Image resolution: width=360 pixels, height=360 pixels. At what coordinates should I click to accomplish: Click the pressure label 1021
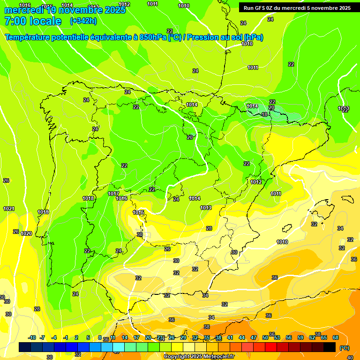click(8, 209)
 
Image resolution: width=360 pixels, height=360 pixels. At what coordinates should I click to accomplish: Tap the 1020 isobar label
click(26, 233)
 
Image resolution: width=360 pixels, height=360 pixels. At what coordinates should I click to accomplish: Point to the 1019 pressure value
click(43, 212)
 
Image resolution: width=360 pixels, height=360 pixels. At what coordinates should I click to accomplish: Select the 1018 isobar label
click(88, 198)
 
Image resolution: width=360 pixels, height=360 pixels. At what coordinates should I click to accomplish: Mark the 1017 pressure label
click(113, 194)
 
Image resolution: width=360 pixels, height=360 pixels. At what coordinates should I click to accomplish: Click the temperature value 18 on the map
click(264, 114)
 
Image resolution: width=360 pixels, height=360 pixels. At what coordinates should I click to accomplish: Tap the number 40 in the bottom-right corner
click(350, 358)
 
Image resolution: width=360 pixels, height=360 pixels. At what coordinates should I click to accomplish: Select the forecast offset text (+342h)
click(83, 21)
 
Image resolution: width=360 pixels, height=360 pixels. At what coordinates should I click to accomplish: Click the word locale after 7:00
click(45, 21)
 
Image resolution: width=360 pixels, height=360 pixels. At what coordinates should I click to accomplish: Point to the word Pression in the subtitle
click(204, 37)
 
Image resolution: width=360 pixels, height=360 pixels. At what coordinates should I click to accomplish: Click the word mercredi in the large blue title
click(23, 10)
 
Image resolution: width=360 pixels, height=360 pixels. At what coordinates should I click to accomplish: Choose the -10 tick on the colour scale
click(32, 337)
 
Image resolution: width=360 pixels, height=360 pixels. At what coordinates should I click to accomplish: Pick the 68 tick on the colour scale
click(336, 337)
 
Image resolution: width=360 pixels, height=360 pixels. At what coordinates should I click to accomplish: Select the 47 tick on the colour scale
click(254, 337)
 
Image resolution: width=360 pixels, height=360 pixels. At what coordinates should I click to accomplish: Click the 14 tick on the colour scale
click(125, 337)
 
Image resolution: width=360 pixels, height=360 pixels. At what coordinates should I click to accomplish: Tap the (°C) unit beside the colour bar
click(344, 348)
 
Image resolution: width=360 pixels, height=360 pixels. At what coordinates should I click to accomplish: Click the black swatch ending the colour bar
click(330, 347)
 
